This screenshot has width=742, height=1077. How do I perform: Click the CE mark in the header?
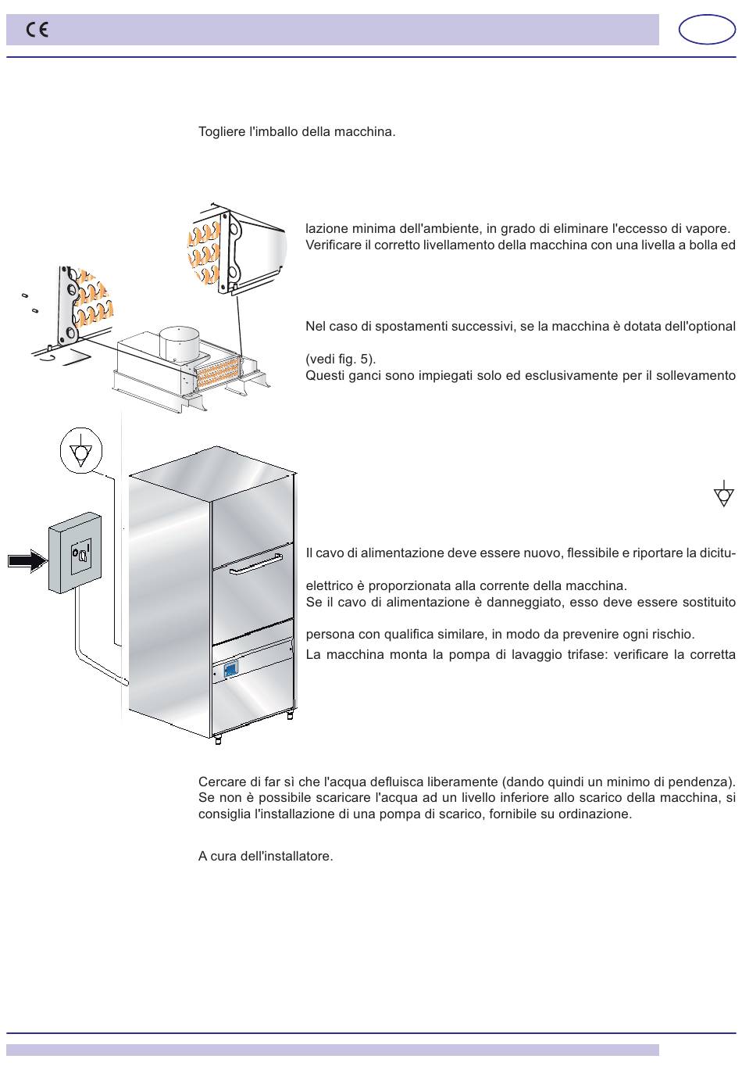(37, 30)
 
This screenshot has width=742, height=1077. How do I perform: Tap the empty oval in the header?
(706, 30)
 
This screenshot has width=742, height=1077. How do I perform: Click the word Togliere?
(222, 132)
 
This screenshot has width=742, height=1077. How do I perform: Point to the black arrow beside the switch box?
(27, 560)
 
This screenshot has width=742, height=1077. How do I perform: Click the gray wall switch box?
(75, 553)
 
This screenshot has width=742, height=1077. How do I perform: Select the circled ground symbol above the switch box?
(80, 450)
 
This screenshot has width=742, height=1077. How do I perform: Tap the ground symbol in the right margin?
(723, 493)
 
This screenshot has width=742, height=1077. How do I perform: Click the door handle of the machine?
(255, 564)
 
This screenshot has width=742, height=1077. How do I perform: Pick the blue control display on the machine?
(230, 669)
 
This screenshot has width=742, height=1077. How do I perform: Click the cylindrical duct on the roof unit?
(179, 343)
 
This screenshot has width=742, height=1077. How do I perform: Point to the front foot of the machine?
(218, 740)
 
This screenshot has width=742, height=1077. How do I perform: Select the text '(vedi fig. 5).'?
(341, 359)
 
